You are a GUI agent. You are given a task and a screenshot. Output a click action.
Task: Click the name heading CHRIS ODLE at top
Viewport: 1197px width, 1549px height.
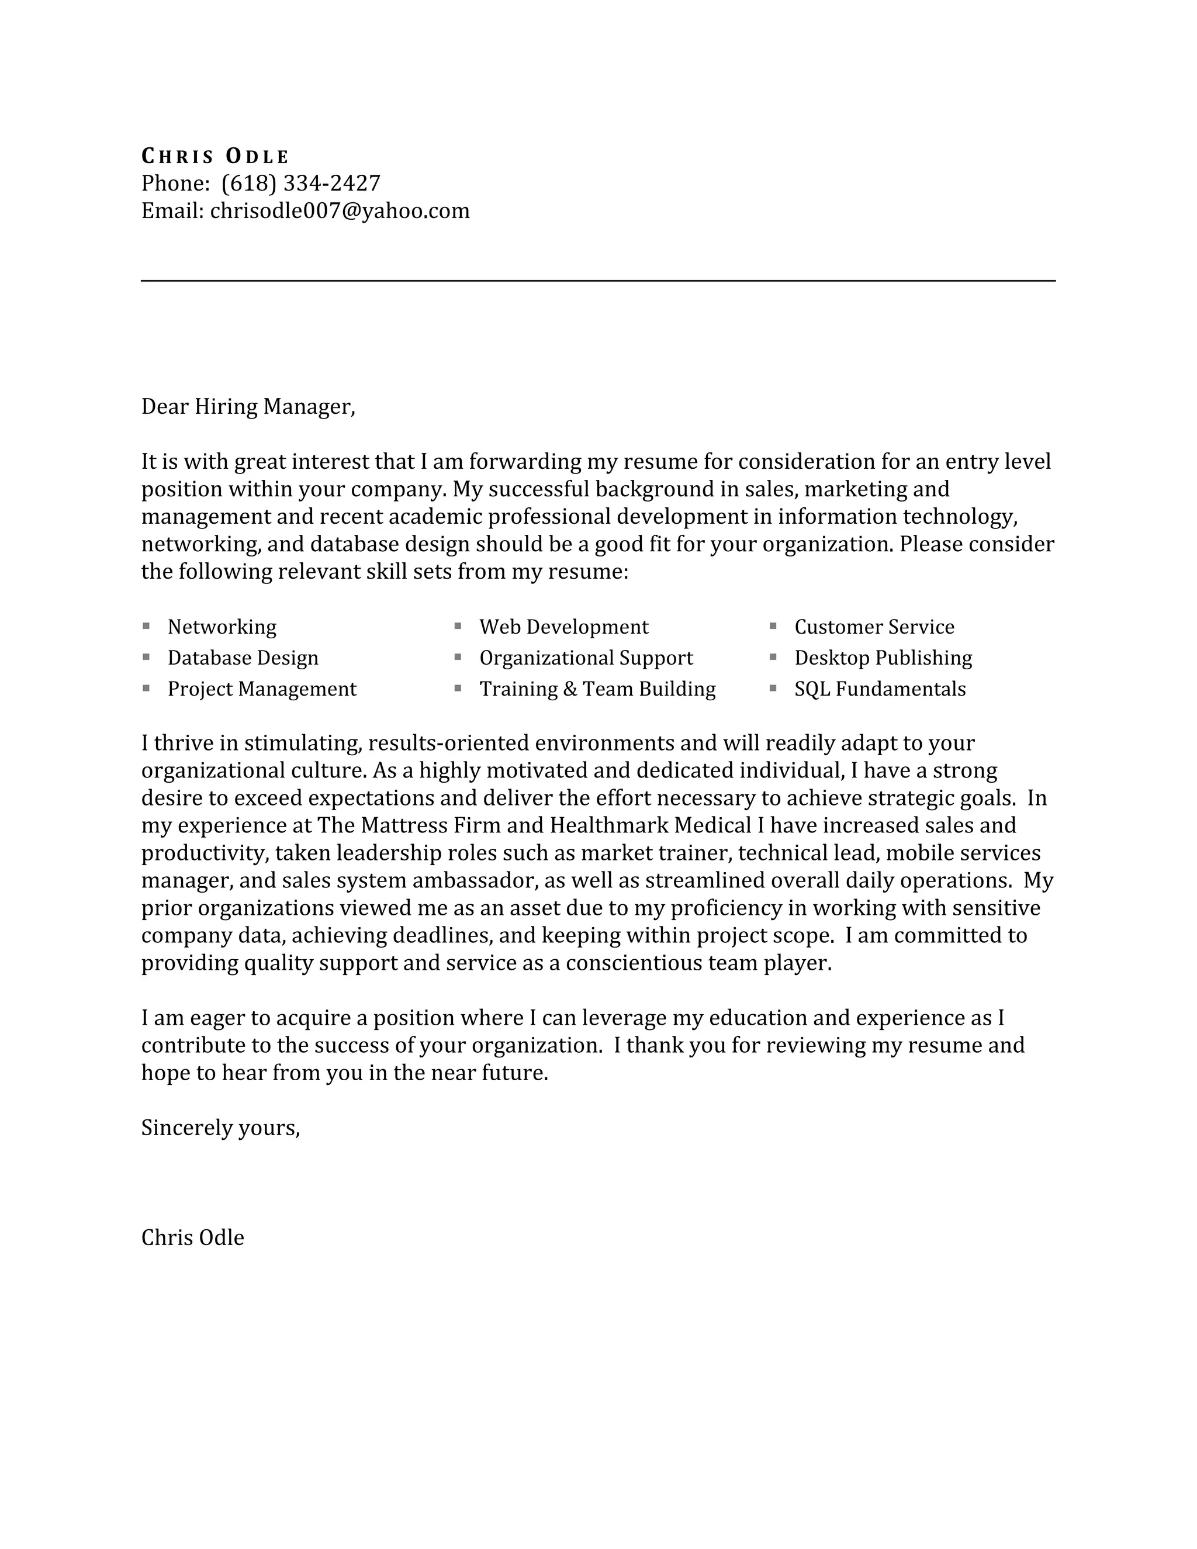(215, 156)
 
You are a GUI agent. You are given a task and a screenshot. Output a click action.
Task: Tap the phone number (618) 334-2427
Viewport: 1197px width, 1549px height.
(300, 184)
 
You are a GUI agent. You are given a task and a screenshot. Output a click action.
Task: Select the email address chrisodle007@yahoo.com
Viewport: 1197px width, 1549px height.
(340, 210)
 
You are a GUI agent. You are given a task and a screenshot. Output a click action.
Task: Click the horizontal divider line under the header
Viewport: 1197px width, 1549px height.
(598, 281)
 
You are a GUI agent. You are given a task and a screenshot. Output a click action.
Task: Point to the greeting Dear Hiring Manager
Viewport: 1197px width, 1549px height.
(247, 406)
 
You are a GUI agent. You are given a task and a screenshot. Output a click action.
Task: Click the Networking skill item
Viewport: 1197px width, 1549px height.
(222, 627)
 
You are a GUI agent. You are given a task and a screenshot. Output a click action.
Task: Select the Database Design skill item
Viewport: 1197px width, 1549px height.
(243, 658)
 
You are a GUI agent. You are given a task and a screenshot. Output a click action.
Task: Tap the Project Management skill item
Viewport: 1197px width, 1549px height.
(262, 689)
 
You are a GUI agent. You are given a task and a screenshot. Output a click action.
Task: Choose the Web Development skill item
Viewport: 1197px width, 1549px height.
(564, 627)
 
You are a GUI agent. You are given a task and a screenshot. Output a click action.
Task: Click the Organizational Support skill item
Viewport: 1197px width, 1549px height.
(586, 658)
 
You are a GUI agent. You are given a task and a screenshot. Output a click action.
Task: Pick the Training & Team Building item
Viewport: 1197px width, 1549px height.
(597, 689)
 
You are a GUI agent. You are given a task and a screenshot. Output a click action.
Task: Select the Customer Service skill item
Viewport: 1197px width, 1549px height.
(874, 627)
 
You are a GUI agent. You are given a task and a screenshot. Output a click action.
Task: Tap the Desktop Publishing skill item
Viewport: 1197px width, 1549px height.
(883, 658)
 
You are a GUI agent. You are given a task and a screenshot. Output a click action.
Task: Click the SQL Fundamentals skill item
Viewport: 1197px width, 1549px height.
(879, 689)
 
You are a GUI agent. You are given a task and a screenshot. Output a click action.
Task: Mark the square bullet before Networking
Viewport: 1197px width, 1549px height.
(146, 625)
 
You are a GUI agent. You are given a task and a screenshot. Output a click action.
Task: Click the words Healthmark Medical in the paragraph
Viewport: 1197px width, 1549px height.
(649, 825)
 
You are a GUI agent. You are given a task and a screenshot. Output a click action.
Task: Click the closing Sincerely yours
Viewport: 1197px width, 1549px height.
(220, 1128)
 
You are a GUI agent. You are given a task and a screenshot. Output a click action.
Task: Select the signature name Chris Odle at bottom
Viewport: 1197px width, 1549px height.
(192, 1237)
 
